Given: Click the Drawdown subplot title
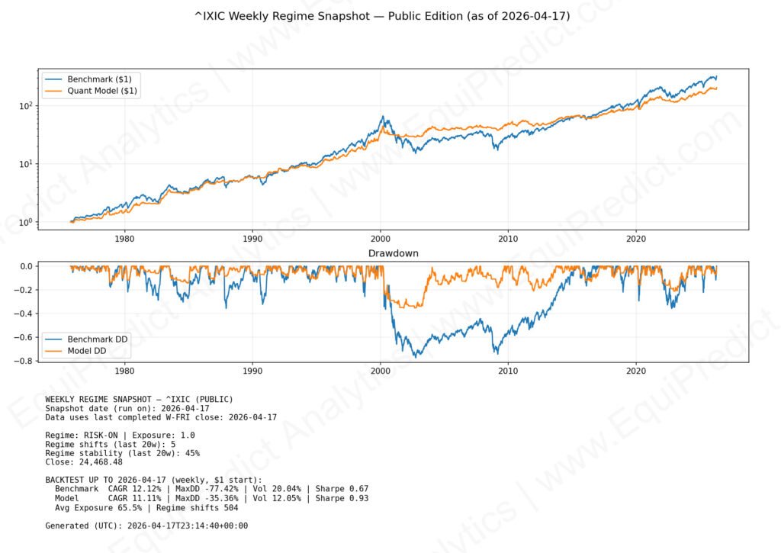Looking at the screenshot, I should coord(394,252).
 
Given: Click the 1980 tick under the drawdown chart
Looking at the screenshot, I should coord(124,371).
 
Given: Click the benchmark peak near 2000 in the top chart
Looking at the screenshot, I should coord(382,117).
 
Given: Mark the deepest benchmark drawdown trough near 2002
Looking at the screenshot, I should coord(415,356).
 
